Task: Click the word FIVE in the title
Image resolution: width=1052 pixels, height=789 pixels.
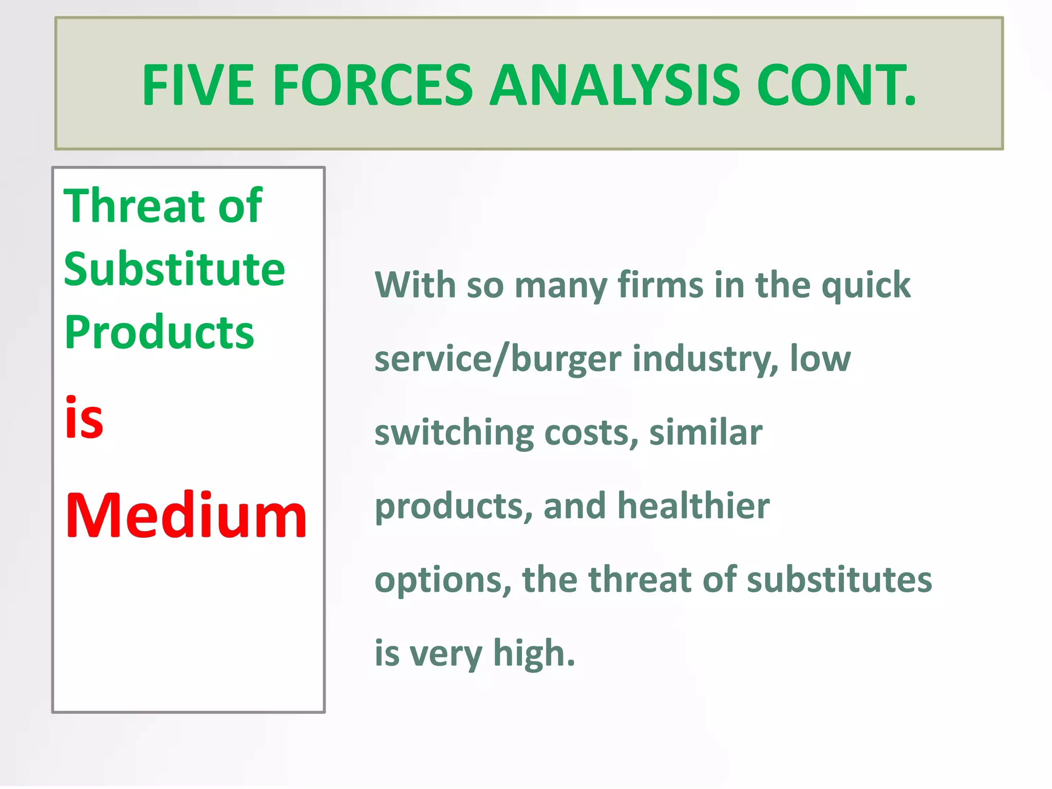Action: (198, 85)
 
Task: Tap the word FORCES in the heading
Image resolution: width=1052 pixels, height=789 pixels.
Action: (373, 85)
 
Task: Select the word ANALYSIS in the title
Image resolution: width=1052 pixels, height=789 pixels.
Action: (614, 85)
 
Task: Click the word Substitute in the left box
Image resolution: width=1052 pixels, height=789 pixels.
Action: (174, 270)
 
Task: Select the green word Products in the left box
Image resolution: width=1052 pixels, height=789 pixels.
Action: (159, 333)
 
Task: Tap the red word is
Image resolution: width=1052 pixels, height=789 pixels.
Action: (84, 419)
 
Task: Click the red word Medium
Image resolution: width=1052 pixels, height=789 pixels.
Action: (186, 516)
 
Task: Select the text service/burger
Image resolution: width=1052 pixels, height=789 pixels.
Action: (498, 359)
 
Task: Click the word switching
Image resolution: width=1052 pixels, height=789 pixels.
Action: (454, 433)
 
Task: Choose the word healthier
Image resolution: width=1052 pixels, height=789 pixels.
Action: (693, 506)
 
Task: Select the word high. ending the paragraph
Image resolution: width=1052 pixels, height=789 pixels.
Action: (534, 654)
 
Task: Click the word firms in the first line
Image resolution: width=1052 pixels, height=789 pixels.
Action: (661, 285)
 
